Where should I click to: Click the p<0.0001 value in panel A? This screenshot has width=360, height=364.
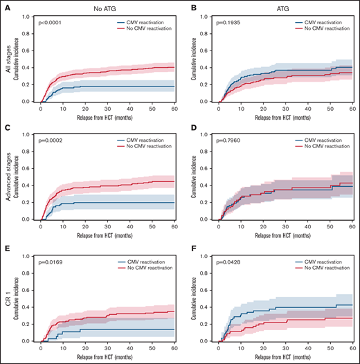click(51, 23)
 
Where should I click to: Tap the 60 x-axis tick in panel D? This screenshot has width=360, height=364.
click(352, 227)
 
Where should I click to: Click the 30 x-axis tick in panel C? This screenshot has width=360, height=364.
click(107, 227)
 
